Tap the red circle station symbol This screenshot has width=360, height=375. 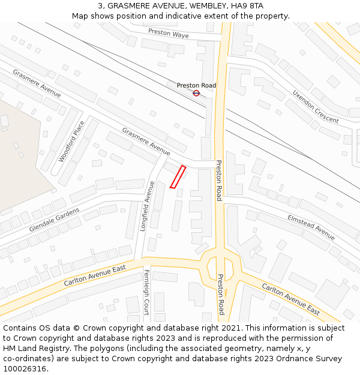click(196, 93)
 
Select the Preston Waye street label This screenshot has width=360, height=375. click(168, 34)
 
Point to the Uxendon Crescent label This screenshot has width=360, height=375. click(316, 107)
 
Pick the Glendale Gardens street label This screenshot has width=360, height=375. click(54, 220)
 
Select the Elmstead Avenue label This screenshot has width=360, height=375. click(311, 226)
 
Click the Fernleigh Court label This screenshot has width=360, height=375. click(146, 292)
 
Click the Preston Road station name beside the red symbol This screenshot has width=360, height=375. click(196, 85)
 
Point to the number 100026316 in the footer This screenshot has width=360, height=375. click(25, 369)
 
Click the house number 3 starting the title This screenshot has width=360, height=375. click(100, 6)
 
